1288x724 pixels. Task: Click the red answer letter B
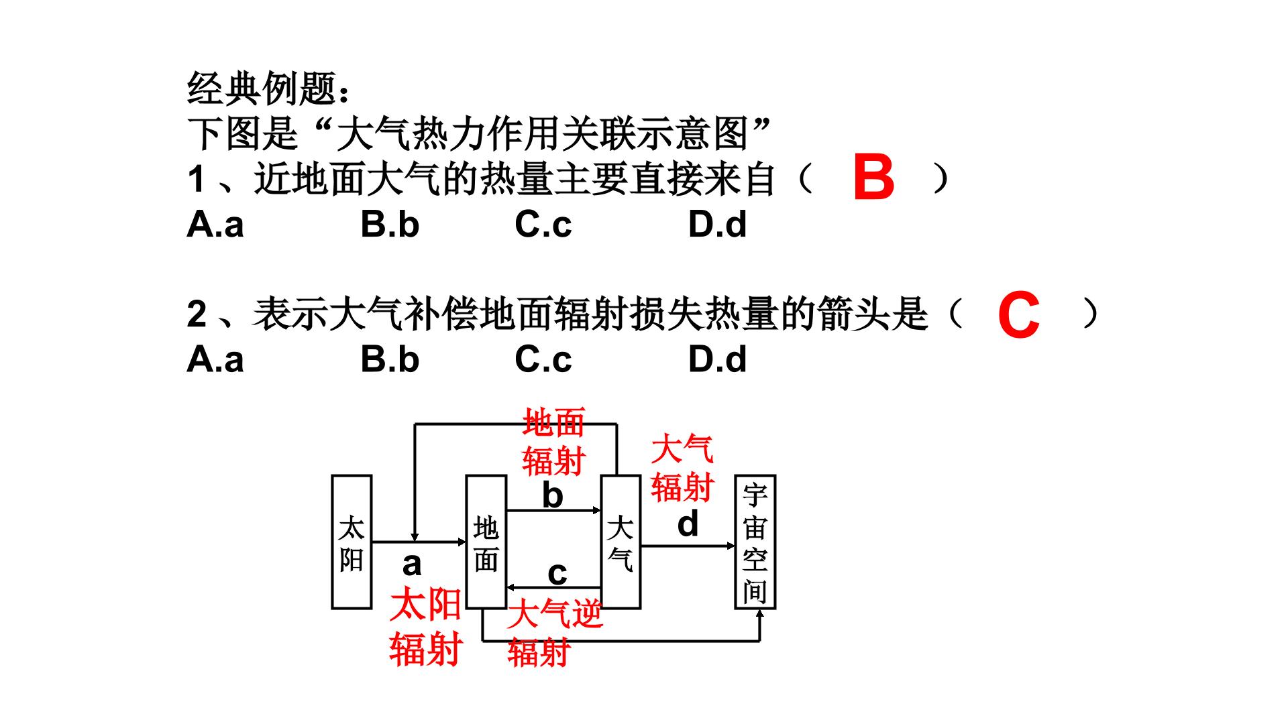873,178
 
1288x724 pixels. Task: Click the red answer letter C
1018,314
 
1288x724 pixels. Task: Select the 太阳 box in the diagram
352,542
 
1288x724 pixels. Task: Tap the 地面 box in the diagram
486,542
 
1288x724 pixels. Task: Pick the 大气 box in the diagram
621,542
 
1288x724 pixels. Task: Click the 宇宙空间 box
755,542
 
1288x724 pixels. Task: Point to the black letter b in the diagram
553,495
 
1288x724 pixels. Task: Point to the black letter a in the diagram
412,564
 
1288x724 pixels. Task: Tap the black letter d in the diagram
688,524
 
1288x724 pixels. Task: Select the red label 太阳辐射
425,627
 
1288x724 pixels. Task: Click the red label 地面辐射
554,442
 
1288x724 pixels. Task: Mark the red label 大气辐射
682,468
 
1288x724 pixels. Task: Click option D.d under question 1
717,224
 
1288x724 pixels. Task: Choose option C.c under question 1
543,224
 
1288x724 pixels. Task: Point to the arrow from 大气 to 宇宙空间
688,546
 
